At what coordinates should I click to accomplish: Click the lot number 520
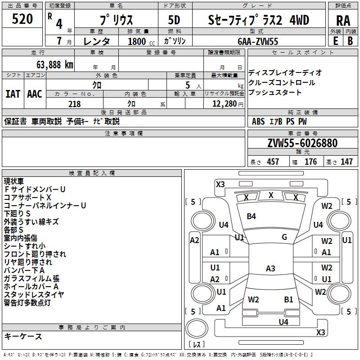point(22,20)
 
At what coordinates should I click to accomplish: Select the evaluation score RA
point(343,21)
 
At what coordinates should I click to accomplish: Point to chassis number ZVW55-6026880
point(302,144)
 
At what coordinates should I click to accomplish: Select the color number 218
point(74,104)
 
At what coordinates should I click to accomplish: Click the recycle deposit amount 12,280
point(224,104)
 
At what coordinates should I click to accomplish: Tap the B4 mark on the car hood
point(251,216)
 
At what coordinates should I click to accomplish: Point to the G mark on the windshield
point(284,237)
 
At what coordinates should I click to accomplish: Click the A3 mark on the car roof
point(270,269)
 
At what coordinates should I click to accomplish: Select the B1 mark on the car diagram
point(288,299)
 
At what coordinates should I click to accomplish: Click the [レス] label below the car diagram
point(197,345)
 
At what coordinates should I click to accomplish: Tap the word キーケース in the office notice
point(23,336)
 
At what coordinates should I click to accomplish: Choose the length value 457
point(273,162)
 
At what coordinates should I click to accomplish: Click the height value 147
point(346,162)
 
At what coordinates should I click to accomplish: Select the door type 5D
point(174,20)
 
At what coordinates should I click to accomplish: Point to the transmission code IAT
point(13,94)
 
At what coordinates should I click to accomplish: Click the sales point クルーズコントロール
point(282,83)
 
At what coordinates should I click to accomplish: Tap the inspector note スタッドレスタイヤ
point(34,295)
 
